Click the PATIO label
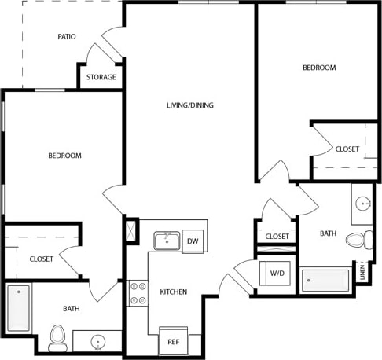[x=67, y=37]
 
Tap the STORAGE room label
[x=101, y=77]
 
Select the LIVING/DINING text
[x=189, y=105]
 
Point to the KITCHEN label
[x=174, y=292]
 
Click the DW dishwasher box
[x=192, y=241]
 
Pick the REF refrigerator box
[x=174, y=341]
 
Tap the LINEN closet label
[x=362, y=272]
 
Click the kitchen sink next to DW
[x=167, y=241]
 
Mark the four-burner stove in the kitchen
[x=138, y=293]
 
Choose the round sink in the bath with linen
[x=363, y=204]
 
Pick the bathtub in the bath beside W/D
[x=325, y=281]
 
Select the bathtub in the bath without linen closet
[x=19, y=307]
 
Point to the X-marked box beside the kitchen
[x=131, y=232]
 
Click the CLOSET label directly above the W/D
[x=277, y=237]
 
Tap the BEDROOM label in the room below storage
[x=64, y=156]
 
